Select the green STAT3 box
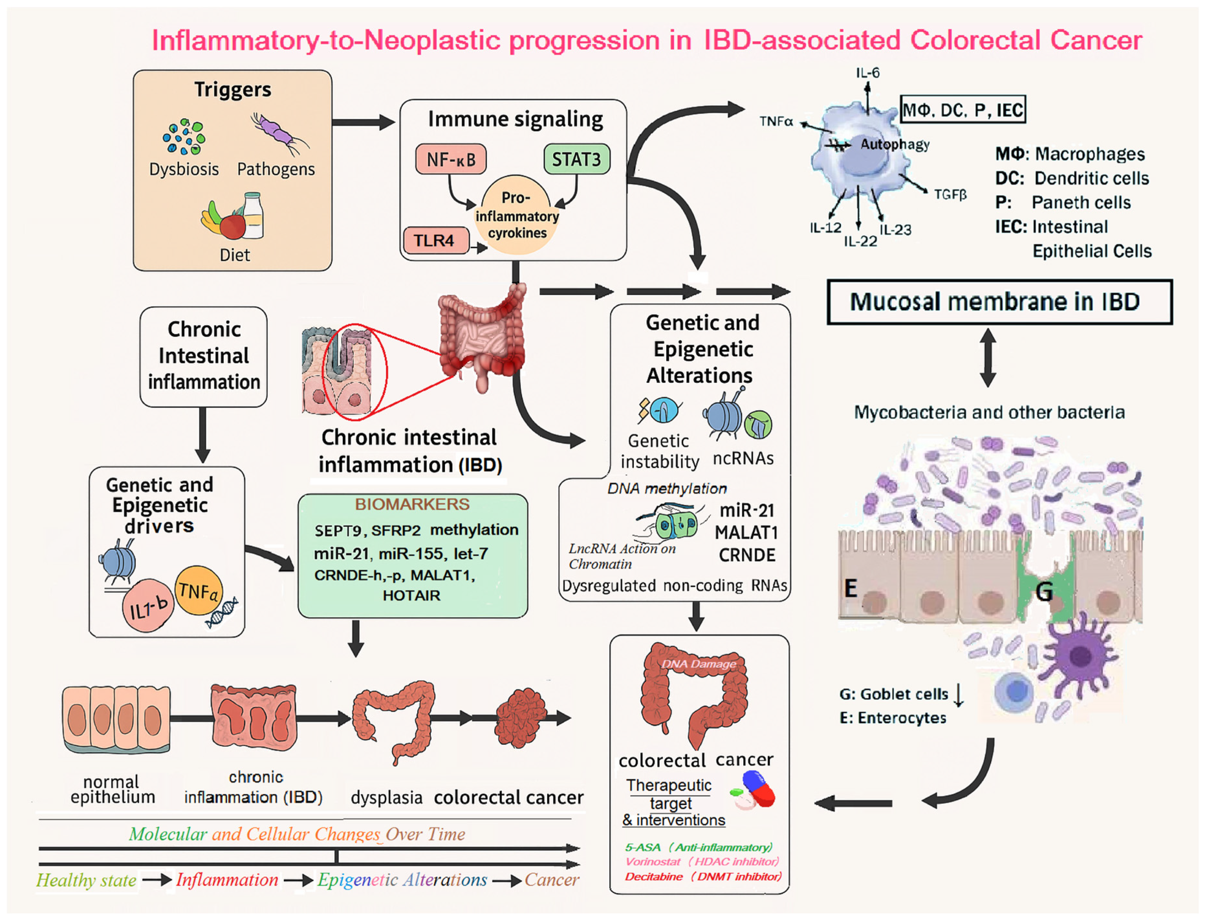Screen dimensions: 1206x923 point(577,159)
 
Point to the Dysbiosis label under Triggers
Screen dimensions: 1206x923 point(184,169)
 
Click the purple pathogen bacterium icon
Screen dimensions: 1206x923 point(279,134)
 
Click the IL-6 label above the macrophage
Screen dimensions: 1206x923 point(868,72)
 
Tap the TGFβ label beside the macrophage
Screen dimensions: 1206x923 point(951,194)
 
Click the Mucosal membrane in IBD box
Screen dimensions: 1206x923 point(1000,302)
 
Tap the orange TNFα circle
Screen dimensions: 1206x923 point(198,591)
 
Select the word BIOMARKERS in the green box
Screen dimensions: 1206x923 point(412,504)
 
